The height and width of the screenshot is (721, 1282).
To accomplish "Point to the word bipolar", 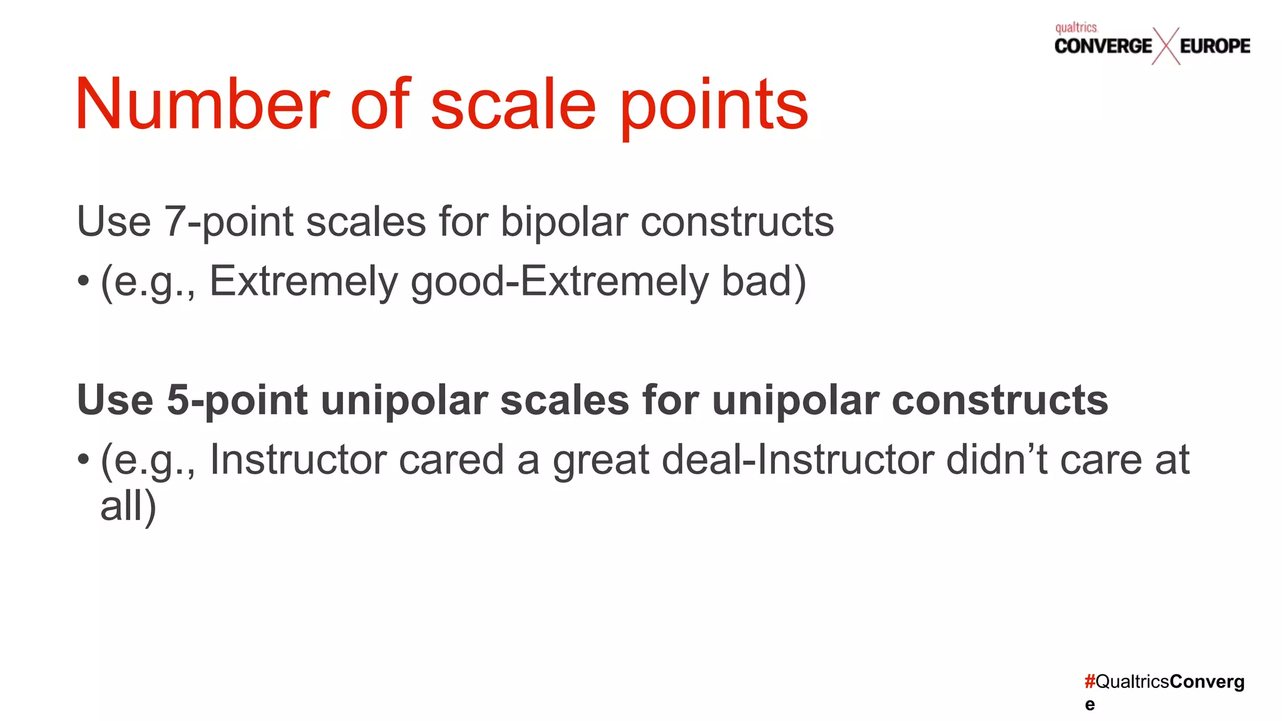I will tap(563, 222).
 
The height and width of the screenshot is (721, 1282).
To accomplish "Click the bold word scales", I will tap(564, 400).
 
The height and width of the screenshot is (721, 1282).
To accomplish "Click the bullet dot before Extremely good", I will tap(83, 282).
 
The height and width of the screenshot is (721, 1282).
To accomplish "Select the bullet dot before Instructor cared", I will tap(83, 461).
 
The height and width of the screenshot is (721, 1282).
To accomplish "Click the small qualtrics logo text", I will tap(1075, 28).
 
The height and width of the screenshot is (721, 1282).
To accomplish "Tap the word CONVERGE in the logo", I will tap(1102, 46).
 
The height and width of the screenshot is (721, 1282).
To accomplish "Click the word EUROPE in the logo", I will tap(1214, 46).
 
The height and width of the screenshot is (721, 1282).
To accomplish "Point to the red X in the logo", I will tap(1166, 46).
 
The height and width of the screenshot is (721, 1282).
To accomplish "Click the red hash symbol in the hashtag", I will tap(1089, 682).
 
